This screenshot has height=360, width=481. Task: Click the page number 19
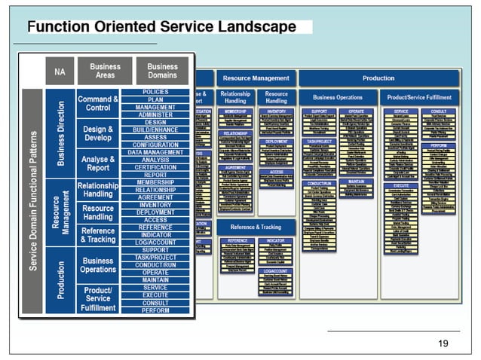[x=443, y=343]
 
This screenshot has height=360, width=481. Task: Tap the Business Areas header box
[x=105, y=72]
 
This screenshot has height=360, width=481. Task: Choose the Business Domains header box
[x=162, y=72]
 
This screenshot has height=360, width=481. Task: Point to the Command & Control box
[x=98, y=103]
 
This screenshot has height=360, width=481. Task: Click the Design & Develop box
[x=98, y=133]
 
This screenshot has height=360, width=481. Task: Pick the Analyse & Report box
[x=98, y=163]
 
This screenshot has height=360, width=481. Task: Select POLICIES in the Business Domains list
[x=156, y=92]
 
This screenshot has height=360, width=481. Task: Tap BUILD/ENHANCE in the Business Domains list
[x=156, y=130]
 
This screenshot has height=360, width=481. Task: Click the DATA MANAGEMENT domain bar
[x=156, y=152]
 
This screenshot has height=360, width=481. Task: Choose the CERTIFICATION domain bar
[x=156, y=167]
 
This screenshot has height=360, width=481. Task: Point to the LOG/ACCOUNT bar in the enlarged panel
[x=156, y=243]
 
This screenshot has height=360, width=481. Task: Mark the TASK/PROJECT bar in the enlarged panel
[x=156, y=258]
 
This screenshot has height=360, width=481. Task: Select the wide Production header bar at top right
[x=378, y=78]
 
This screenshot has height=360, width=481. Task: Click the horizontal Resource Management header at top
[x=256, y=78]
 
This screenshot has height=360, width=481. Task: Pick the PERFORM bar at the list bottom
[x=156, y=310]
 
